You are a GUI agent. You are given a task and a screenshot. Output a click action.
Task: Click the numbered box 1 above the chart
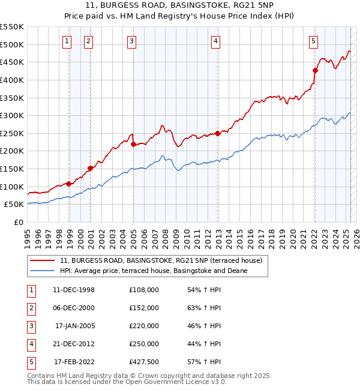coord(67,41)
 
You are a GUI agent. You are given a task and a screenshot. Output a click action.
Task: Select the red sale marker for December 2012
coord(218,133)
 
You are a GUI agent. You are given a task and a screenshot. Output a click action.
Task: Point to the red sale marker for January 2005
coord(133,144)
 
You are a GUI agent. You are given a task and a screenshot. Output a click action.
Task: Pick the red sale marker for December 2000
coord(90,168)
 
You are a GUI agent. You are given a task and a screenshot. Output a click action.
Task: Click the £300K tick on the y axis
coord(12,115)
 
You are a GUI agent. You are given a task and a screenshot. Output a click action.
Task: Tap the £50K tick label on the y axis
coord(14,205)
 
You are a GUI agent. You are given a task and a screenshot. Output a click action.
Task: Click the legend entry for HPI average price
coord(153,271)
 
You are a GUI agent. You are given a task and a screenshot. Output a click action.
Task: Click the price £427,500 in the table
coord(144,362)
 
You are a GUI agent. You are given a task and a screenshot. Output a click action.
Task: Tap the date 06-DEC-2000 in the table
coord(74,308)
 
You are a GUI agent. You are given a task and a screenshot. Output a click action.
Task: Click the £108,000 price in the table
coord(144,290)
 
